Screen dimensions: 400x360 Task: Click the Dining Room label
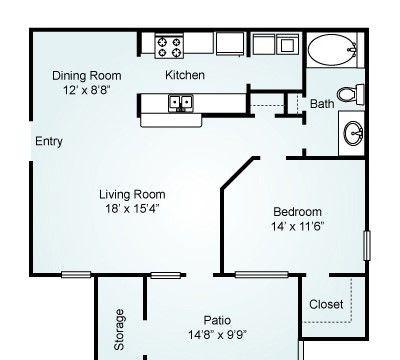coord(87,75)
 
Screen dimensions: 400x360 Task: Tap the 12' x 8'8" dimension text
coord(87,90)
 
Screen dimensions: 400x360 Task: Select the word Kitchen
coord(185,75)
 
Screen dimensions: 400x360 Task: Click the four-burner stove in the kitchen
coord(169,47)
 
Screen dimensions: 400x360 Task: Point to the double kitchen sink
coord(181,102)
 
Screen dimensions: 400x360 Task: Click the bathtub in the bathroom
coord(332,50)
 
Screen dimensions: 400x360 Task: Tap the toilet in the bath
coord(351,94)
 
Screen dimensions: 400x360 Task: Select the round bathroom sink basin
coord(353,133)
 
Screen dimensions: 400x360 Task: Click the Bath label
coord(322,104)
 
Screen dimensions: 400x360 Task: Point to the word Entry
coord(49,141)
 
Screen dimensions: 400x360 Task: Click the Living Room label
coord(132,194)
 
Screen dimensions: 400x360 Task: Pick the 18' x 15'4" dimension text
coord(132,209)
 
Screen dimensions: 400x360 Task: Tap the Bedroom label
coord(297,212)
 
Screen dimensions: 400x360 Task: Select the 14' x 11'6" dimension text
coord(297,227)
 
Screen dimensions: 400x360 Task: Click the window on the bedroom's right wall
coord(367,246)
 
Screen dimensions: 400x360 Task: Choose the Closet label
coord(326,304)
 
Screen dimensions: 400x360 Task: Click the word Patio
coord(217,320)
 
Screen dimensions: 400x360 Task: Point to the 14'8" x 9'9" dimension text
coord(217,334)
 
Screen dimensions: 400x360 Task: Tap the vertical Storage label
coord(119,330)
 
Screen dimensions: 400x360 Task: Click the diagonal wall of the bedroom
coord(238,174)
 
